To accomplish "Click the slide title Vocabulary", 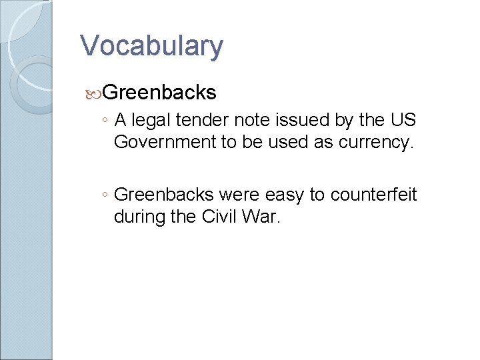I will click(x=151, y=46).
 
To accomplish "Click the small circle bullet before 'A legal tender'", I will click(x=105, y=121).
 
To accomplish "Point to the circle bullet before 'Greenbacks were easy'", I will click(x=105, y=195).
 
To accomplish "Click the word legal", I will click(x=151, y=121).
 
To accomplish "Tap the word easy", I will click(x=286, y=195).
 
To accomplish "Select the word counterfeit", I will click(x=374, y=195).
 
